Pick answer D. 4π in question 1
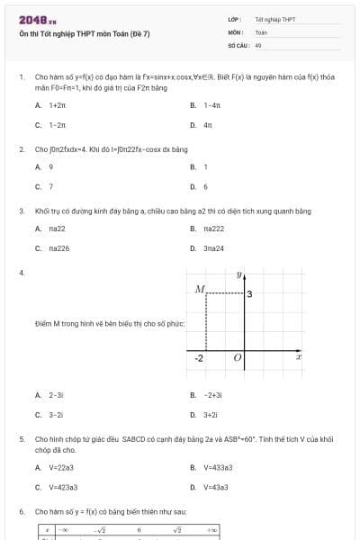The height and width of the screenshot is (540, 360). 207,124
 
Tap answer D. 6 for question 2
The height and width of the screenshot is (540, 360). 205,186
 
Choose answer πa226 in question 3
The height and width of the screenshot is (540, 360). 59,247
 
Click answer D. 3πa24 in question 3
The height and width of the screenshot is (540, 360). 213,247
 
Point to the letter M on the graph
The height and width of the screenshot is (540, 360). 200,289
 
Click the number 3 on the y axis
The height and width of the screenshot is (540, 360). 248,294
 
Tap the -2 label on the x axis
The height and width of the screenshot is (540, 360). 200,358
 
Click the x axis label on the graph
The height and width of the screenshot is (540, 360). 299,357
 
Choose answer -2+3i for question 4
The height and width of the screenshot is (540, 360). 212,395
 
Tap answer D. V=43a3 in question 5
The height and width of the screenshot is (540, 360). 215,487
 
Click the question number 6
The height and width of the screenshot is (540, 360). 22,511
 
